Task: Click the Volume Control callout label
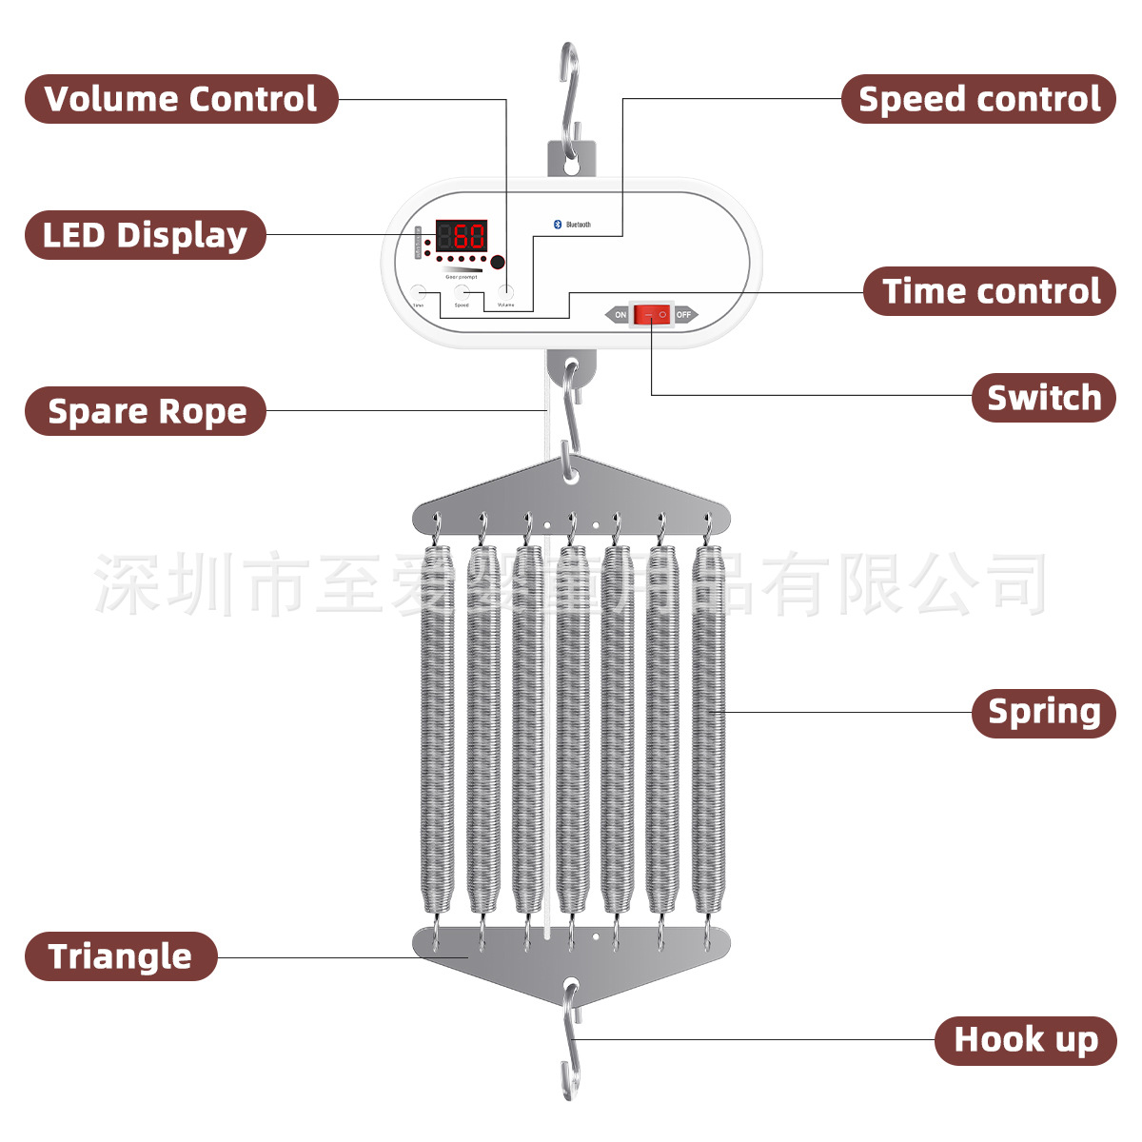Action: click(x=181, y=99)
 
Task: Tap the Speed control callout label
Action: click(x=978, y=99)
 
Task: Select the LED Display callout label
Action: click(x=145, y=235)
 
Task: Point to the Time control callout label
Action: click(x=990, y=291)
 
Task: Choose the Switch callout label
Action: click(x=1043, y=398)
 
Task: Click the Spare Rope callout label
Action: click(x=146, y=411)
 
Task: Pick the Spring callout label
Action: click(x=1043, y=713)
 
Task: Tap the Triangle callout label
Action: click(x=121, y=956)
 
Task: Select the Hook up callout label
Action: click(x=1025, y=1040)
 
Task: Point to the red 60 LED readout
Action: click(x=462, y=235)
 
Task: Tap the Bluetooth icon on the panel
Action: click(x=559, y=225)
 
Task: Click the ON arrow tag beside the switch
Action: click(x=619, y=314)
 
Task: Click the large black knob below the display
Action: click(x=497, y=262)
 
